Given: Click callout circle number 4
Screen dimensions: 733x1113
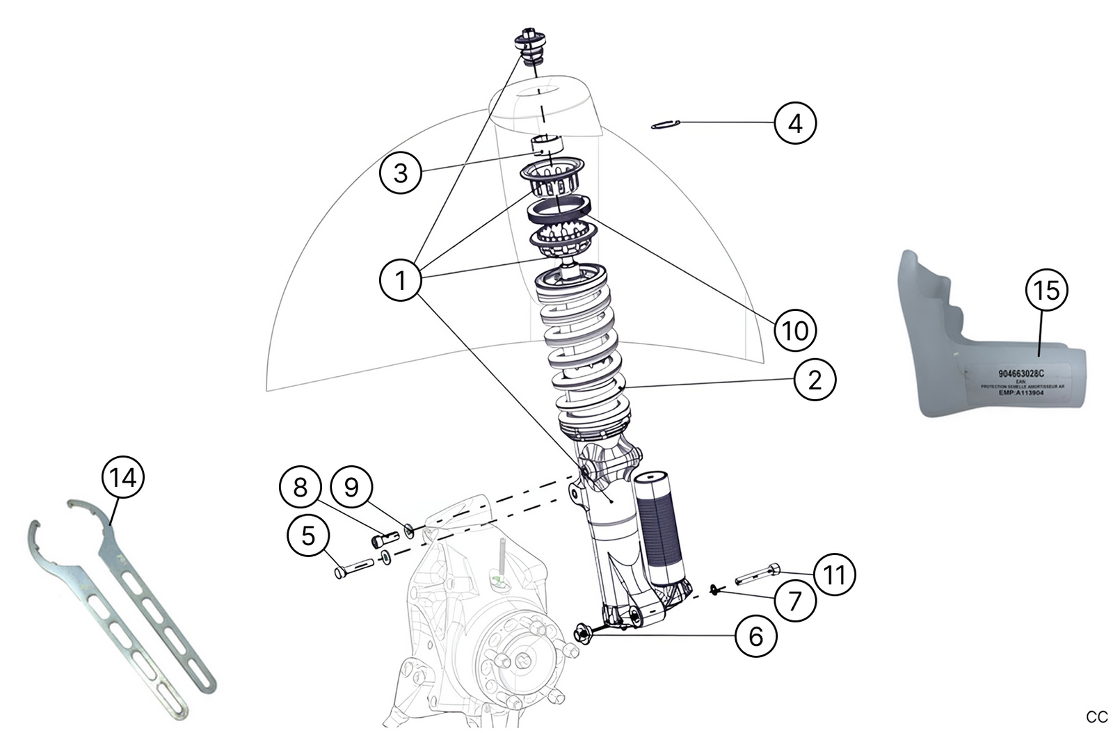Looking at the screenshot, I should pyautogui.click(x=794, y=123).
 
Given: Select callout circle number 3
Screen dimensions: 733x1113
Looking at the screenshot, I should pyautogui.click(x=400, y=172).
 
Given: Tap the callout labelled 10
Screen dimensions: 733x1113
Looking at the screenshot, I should pyautogui.click(x=794, y=330).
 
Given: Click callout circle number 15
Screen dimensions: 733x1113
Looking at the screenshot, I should pyautogui.click(x=1046, y=289).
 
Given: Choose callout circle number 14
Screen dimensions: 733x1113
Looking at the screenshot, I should pyautogui.click(x=123, y=478).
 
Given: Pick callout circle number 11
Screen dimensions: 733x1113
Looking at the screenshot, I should pyautogui.click(x=834, y=574).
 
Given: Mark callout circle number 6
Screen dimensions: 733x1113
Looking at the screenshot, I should pyautogui.click(x=756, y=635).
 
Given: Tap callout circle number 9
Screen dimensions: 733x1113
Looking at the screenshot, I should pyautogui.click(x=351, y=487).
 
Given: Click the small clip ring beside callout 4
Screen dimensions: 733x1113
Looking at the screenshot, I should pyautogui.click(x=664, y=125).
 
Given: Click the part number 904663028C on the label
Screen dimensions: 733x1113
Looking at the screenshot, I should pyautogui.click(x=1020, y=373).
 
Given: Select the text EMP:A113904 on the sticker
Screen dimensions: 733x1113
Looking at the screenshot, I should pyautogui.click(x=1020, y=393).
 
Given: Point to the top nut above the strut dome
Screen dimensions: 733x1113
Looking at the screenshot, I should pyautogui.click(x=531, y=41).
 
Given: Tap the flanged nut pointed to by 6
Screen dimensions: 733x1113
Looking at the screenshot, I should pyautogui.click(x=583, y=632).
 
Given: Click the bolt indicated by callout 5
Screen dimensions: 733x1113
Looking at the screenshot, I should pyautogui.click(x=355, y=568).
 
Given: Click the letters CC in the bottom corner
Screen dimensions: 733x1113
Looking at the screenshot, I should pyautogui.click(x=1096, y=717).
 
